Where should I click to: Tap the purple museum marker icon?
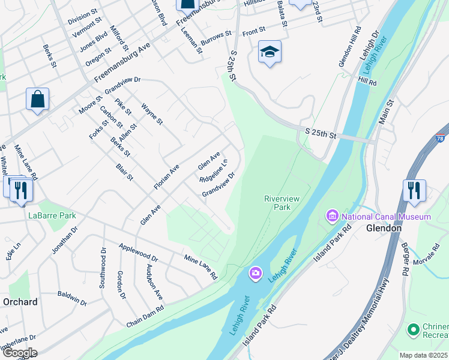point(332,215)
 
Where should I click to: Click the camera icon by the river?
point(256,274)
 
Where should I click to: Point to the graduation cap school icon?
point(270,53)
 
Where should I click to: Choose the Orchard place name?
point(20,302)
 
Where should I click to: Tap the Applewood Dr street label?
point(138,253)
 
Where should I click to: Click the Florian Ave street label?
point(166,178)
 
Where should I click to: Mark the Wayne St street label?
point(152,113)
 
